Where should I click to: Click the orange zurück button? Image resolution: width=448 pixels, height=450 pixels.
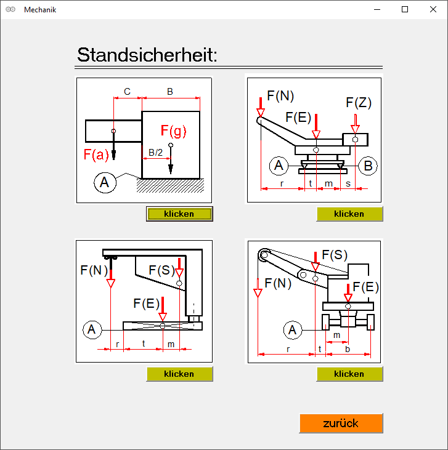(x=341, y=423)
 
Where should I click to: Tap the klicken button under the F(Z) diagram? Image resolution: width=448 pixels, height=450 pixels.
(x=349, y=214)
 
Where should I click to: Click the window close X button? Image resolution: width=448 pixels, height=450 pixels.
(x=433, y=9)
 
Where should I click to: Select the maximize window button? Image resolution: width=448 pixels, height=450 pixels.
(x=405, y=9)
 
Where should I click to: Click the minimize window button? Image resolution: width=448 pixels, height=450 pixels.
(x=377, y=9)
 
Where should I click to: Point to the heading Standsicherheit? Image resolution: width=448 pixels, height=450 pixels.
(x=147, y=55)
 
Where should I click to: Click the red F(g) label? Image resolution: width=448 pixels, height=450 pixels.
(x=173, y=131)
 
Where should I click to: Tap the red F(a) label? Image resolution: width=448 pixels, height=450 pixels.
(x=96, y=155)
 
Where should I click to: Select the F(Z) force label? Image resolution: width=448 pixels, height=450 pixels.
(x=359, y=103)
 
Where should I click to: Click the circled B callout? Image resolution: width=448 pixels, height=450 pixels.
(x=368, y=166)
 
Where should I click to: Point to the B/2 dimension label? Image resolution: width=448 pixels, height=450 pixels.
(x=155, y=153)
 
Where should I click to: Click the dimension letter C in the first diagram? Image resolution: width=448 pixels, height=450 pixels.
(x=127, y=92)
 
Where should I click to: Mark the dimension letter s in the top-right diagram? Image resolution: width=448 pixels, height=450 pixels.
(x=348, y=183)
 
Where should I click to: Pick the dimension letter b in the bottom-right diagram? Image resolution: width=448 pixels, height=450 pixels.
(x=348, y=349)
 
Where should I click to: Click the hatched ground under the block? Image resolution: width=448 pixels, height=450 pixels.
(x=170, y=185)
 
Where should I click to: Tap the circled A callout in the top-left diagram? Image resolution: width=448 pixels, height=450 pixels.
(x=105, y=183)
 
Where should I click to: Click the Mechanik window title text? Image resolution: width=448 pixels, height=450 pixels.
(x=40, y=10)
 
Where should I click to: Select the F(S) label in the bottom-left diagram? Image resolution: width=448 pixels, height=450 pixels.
(x=162, y=270)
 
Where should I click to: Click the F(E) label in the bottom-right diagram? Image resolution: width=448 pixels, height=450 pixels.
(x=365, y=287)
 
